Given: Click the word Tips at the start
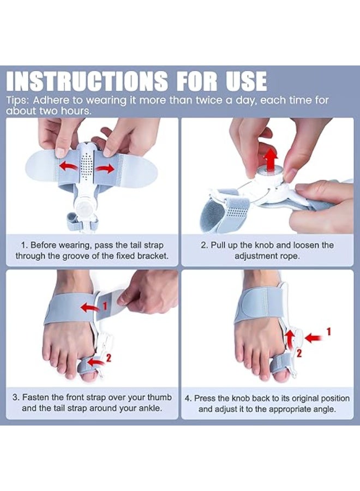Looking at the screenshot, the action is point(17,101).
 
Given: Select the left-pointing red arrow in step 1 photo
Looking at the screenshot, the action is point(69,166).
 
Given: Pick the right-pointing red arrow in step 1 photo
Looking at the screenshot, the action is point(105,169).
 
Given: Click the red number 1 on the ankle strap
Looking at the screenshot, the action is point(105,306).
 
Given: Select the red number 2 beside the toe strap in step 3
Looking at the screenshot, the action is point(109,357).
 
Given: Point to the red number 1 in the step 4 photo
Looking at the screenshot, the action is point(328,331).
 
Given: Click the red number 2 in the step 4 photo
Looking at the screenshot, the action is point(299,354).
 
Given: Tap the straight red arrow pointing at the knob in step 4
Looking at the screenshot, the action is point(313,338).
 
